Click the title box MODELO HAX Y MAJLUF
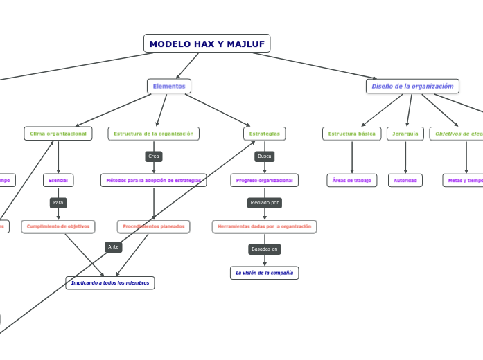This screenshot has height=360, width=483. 207,44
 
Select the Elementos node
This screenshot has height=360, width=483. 169,86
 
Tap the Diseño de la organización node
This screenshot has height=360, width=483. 412,86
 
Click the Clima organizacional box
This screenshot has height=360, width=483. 58,134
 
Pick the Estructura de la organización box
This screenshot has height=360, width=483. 154,134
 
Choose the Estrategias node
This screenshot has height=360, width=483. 264,134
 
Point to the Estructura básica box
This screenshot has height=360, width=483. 351,134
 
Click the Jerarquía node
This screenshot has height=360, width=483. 405,134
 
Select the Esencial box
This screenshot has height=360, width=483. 58,180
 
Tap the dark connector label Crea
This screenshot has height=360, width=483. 154,156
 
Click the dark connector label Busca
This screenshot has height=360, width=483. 264,156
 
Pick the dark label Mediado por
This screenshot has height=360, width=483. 264,203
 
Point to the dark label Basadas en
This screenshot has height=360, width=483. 264,249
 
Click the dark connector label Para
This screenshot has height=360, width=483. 58,203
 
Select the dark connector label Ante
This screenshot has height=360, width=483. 114,246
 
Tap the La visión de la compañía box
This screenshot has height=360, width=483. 264,273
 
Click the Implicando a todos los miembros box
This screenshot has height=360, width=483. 110,282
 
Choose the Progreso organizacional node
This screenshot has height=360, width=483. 264,180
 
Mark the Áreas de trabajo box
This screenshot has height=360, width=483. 351,180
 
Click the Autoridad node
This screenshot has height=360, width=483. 405,180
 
